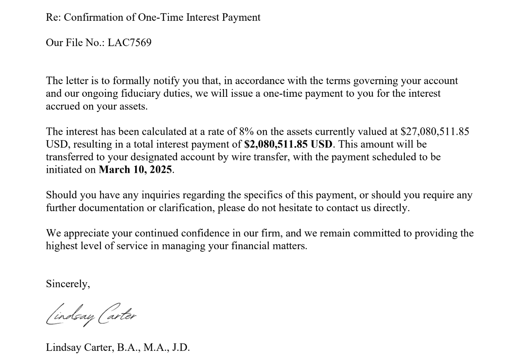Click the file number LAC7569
[129, 43]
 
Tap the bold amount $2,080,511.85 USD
[288, 144]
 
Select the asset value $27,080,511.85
[435, 132]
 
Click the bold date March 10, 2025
[136, 170]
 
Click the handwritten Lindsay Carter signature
[91, 314]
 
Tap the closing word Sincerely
[68, 284]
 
